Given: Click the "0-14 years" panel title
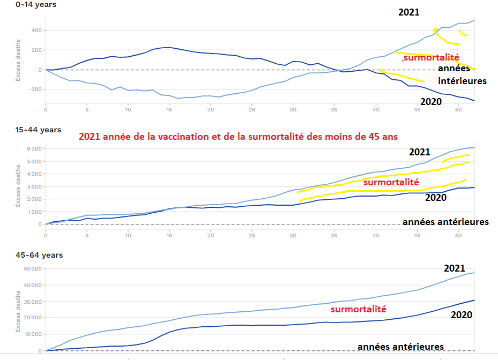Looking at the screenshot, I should click(x=21, y=4).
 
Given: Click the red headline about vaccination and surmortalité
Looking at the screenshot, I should click(x=237, y=136).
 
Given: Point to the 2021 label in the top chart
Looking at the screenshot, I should click(x=409, y=12).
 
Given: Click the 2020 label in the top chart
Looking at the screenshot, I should click(x=430, y=102).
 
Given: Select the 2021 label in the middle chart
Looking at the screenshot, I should click(x=419, y=152).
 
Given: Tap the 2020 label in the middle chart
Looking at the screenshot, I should click(x=436, y=198).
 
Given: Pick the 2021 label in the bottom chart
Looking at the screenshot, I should click(x=455, y=268).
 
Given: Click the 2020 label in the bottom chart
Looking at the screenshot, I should click(x=462, y=314).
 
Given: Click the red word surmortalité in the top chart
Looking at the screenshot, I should click(x=432, y=57).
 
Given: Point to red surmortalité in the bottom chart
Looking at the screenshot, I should click(x=359, y=310).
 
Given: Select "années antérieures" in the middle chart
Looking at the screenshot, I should click(x=445, y=222).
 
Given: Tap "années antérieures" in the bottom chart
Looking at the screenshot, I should click(x=400, y=347).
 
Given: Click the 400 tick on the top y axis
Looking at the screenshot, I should click(x=36, y=30).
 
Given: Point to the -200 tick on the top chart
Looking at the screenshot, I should click(x=35, y=89).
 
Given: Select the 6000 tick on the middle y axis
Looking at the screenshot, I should click(x=34, y=148).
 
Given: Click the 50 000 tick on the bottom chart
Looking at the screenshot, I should click(x=32, y=268).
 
